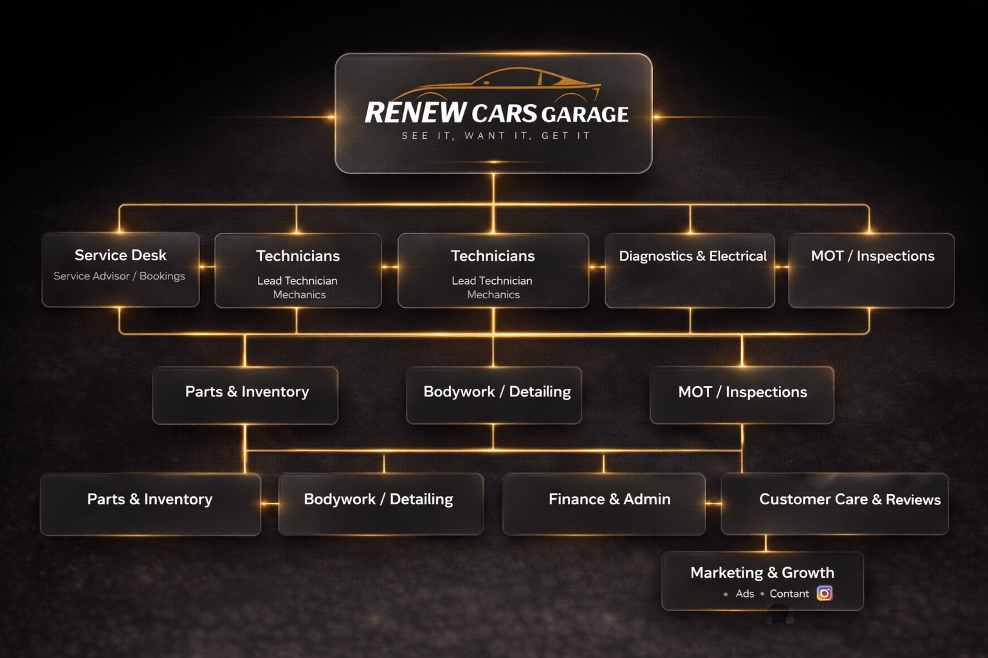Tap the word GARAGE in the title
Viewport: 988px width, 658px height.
[585, 114]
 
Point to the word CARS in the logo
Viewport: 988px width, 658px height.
[504, 113]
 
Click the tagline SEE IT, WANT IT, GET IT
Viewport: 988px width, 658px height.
[496, 136]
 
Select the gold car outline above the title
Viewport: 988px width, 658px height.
[495, 84]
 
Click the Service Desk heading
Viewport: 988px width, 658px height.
[120, 255]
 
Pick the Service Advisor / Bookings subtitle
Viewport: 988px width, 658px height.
[119, 276]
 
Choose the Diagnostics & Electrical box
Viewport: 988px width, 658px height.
[690, 270]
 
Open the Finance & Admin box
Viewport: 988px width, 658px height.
[604, 504]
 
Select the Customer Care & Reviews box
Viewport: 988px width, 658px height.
[834, 504]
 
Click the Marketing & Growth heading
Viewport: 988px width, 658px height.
[762, 573]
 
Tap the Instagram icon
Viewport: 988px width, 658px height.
[825, 593]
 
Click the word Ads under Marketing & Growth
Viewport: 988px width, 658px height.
[744, 594]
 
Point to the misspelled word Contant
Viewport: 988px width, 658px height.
[789, 594]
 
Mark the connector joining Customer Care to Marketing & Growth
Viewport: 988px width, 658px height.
[765, 544]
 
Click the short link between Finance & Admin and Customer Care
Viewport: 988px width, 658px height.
[713, 503]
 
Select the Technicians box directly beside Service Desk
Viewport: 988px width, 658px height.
[298, 270]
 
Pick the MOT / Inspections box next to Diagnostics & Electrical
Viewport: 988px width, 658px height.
[871, 270]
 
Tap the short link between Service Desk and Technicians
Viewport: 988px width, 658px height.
[207, 267]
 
